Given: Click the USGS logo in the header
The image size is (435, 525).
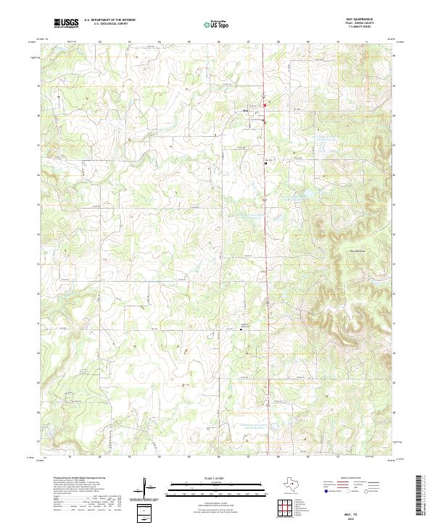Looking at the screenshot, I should [66, 23].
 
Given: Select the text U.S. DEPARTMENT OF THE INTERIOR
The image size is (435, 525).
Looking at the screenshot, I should [109, 20].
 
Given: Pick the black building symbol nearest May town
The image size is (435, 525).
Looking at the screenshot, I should [265, 163].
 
